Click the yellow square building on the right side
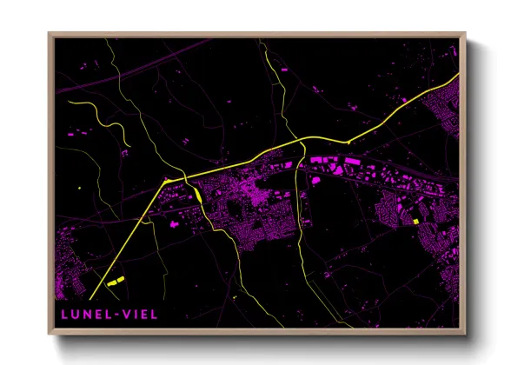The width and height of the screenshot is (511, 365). coord(415,222)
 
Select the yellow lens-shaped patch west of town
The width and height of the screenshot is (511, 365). coord(200,196)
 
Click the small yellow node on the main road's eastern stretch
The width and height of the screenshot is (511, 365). coord(348,141)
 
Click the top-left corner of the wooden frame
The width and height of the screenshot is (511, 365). coord(50,35)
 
